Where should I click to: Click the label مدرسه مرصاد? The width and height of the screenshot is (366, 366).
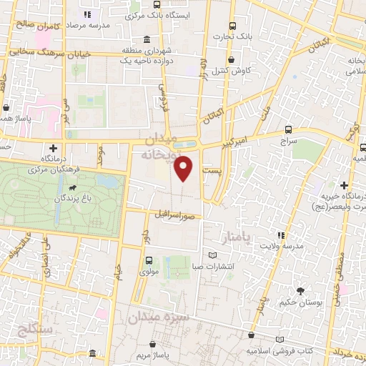pos(88,24)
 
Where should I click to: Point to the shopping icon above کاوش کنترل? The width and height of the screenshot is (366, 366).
pos(230,60)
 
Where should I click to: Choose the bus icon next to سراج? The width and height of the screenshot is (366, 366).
pos(288,129)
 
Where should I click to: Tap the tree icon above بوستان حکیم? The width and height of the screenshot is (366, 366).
pos(300,290)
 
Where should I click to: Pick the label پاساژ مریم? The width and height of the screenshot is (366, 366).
pos(149,355)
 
